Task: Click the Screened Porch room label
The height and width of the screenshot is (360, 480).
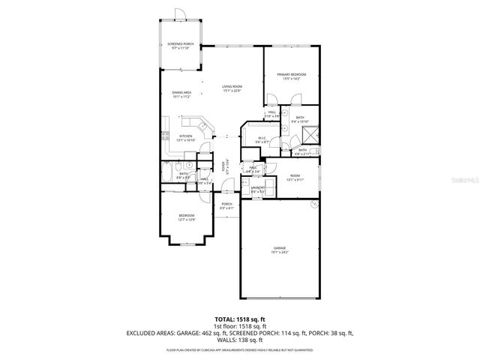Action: pos(180,46)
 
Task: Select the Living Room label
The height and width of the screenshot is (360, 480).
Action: pos(231,89)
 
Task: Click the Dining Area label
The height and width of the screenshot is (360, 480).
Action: pos(182,94)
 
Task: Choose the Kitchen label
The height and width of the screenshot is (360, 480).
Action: pos(184,138)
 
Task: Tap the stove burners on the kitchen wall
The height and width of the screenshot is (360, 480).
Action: pos(164,136)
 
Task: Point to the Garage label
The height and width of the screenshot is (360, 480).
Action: pos(279,250)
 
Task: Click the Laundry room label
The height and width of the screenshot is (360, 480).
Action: pos(258,189)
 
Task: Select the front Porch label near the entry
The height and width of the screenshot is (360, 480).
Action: pos(226,206)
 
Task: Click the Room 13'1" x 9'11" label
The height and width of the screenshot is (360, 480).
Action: pos(295,178)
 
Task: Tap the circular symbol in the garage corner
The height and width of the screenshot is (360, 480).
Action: pos(316,204)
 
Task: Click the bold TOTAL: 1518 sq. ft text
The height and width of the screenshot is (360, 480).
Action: pos(239,319)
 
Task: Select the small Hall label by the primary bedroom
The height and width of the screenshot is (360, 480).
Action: pos(272,114)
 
